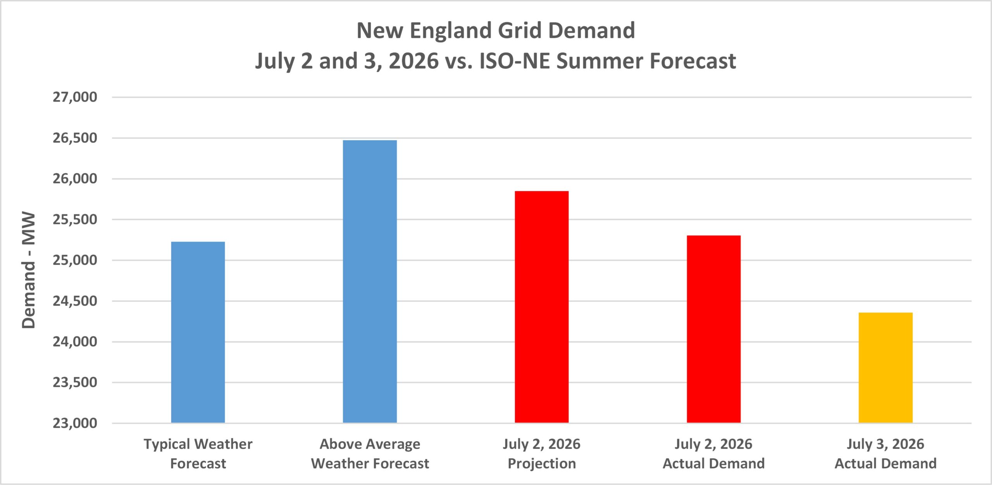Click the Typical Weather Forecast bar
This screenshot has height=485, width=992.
[x=198, y=332]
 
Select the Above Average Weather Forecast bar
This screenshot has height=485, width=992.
[x=370, y=281]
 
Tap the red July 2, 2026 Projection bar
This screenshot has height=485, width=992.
[x=542, y=307]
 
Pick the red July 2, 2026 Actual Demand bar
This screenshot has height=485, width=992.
[x=714, y=329]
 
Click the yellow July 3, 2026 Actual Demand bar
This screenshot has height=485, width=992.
[x=886, y=368]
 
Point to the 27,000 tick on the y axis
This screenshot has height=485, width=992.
[x=75, y=97]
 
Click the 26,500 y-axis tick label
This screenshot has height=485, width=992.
[x=75, y=138]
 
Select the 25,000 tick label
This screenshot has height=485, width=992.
[x=75, y=260]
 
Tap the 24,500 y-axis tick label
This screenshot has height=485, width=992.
[x=75, y=301]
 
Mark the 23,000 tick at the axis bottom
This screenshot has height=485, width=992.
[x=75, y=423]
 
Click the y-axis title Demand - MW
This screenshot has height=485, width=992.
[x=29, y=270]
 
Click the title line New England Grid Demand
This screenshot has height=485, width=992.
[x=496, y=31]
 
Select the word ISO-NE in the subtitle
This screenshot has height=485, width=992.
[x=514, y=61]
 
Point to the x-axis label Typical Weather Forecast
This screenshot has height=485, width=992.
[x=198, y=454]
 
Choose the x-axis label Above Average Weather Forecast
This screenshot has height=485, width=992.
[x=370, y=454]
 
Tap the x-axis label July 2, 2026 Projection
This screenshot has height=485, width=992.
[x=542, y=454]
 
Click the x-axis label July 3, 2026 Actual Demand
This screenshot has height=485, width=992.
[x=886, y=454]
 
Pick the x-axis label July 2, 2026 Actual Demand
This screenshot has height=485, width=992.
[x=714, y=454]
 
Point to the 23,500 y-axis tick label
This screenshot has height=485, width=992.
[x=75, y=382]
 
